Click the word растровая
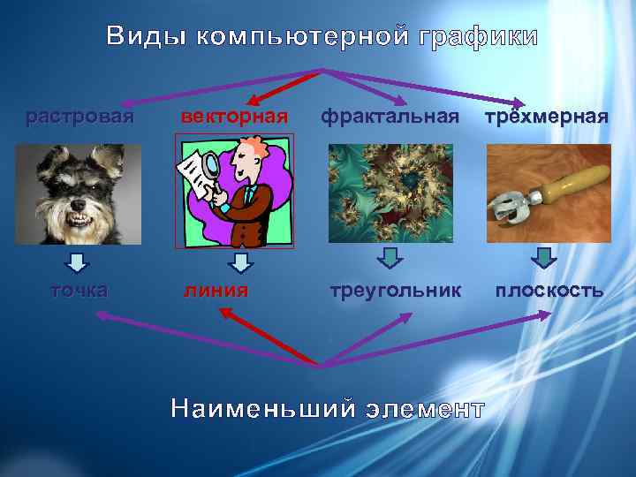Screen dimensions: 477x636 pyautogui.click(x=79, y=116)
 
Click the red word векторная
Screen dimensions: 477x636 pyautogui.click(x=234, y=116)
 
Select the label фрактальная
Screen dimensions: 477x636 pyautogui.click(x=390, y=116)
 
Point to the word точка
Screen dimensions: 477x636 pyautogui.click(x=79, y=290)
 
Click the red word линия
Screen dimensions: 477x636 pyautogui.click(x=216, y=290)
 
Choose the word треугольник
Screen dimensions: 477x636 pyautogui.click(x=396, y=290)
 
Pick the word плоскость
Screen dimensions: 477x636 pyautogui.click(x=549, y=290)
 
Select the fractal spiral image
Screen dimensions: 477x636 pyautogui.click(x=390, y=193)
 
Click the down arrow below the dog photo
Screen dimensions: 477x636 pyautogui.click(x=78, y=261)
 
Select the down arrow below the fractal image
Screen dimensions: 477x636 pyautogui.click(x=390, y=258)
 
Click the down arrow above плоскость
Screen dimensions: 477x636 pyautogui.click(x=546, y=258)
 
